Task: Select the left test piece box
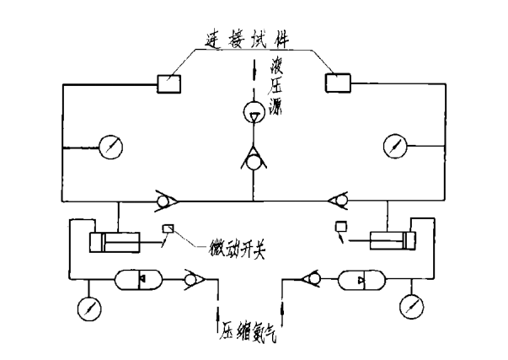(169, 83)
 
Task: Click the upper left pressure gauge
(110, 147)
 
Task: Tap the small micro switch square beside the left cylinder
(168, 228)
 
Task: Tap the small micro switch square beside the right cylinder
(341, 227)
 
